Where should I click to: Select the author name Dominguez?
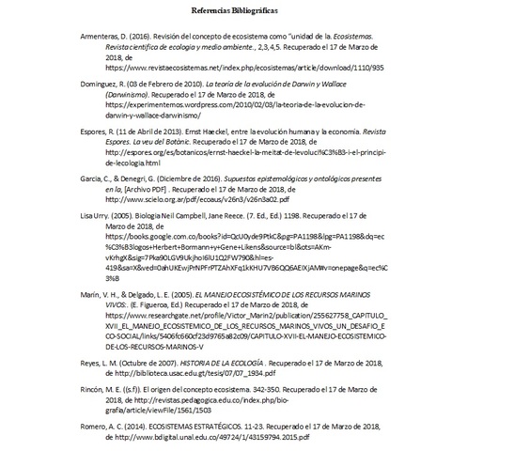(x=102, y=85)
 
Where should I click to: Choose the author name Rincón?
(x=97, y=388)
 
